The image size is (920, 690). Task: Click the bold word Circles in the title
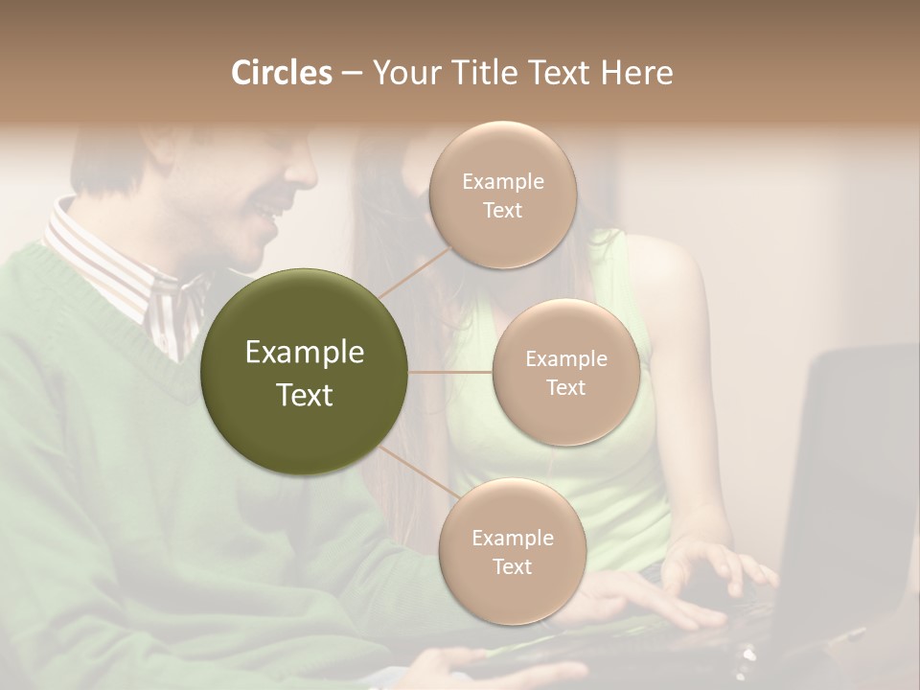point(281,73)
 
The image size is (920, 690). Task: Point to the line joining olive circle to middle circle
point(450,372)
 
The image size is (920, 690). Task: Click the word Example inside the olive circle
point(305,353)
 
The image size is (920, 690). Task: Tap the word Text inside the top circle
point(502,211)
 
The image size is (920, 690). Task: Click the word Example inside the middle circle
point(565,358)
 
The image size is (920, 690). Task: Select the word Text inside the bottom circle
point(512,566)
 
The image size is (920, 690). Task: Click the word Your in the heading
point(403,73)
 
